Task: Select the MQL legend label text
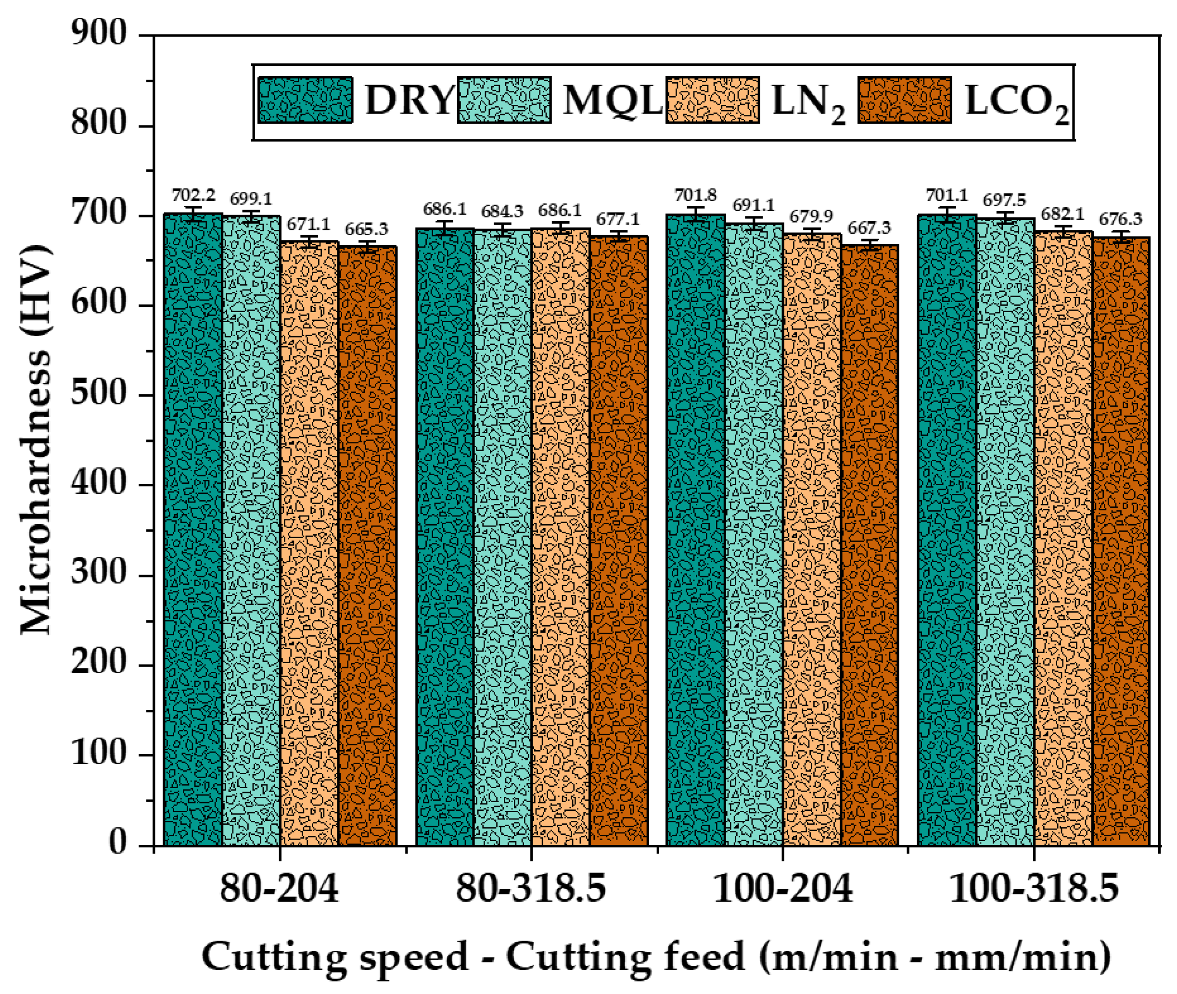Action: (x=612, y=101)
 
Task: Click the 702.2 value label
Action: (x=193, y=196)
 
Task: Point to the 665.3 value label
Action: (x=367, y=229)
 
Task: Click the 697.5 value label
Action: (x=1005, y=200)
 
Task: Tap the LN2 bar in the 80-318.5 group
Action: (x=560, y=535)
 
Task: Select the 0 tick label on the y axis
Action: (x=118, y=843)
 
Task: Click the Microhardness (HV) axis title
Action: (x=35, y=440)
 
